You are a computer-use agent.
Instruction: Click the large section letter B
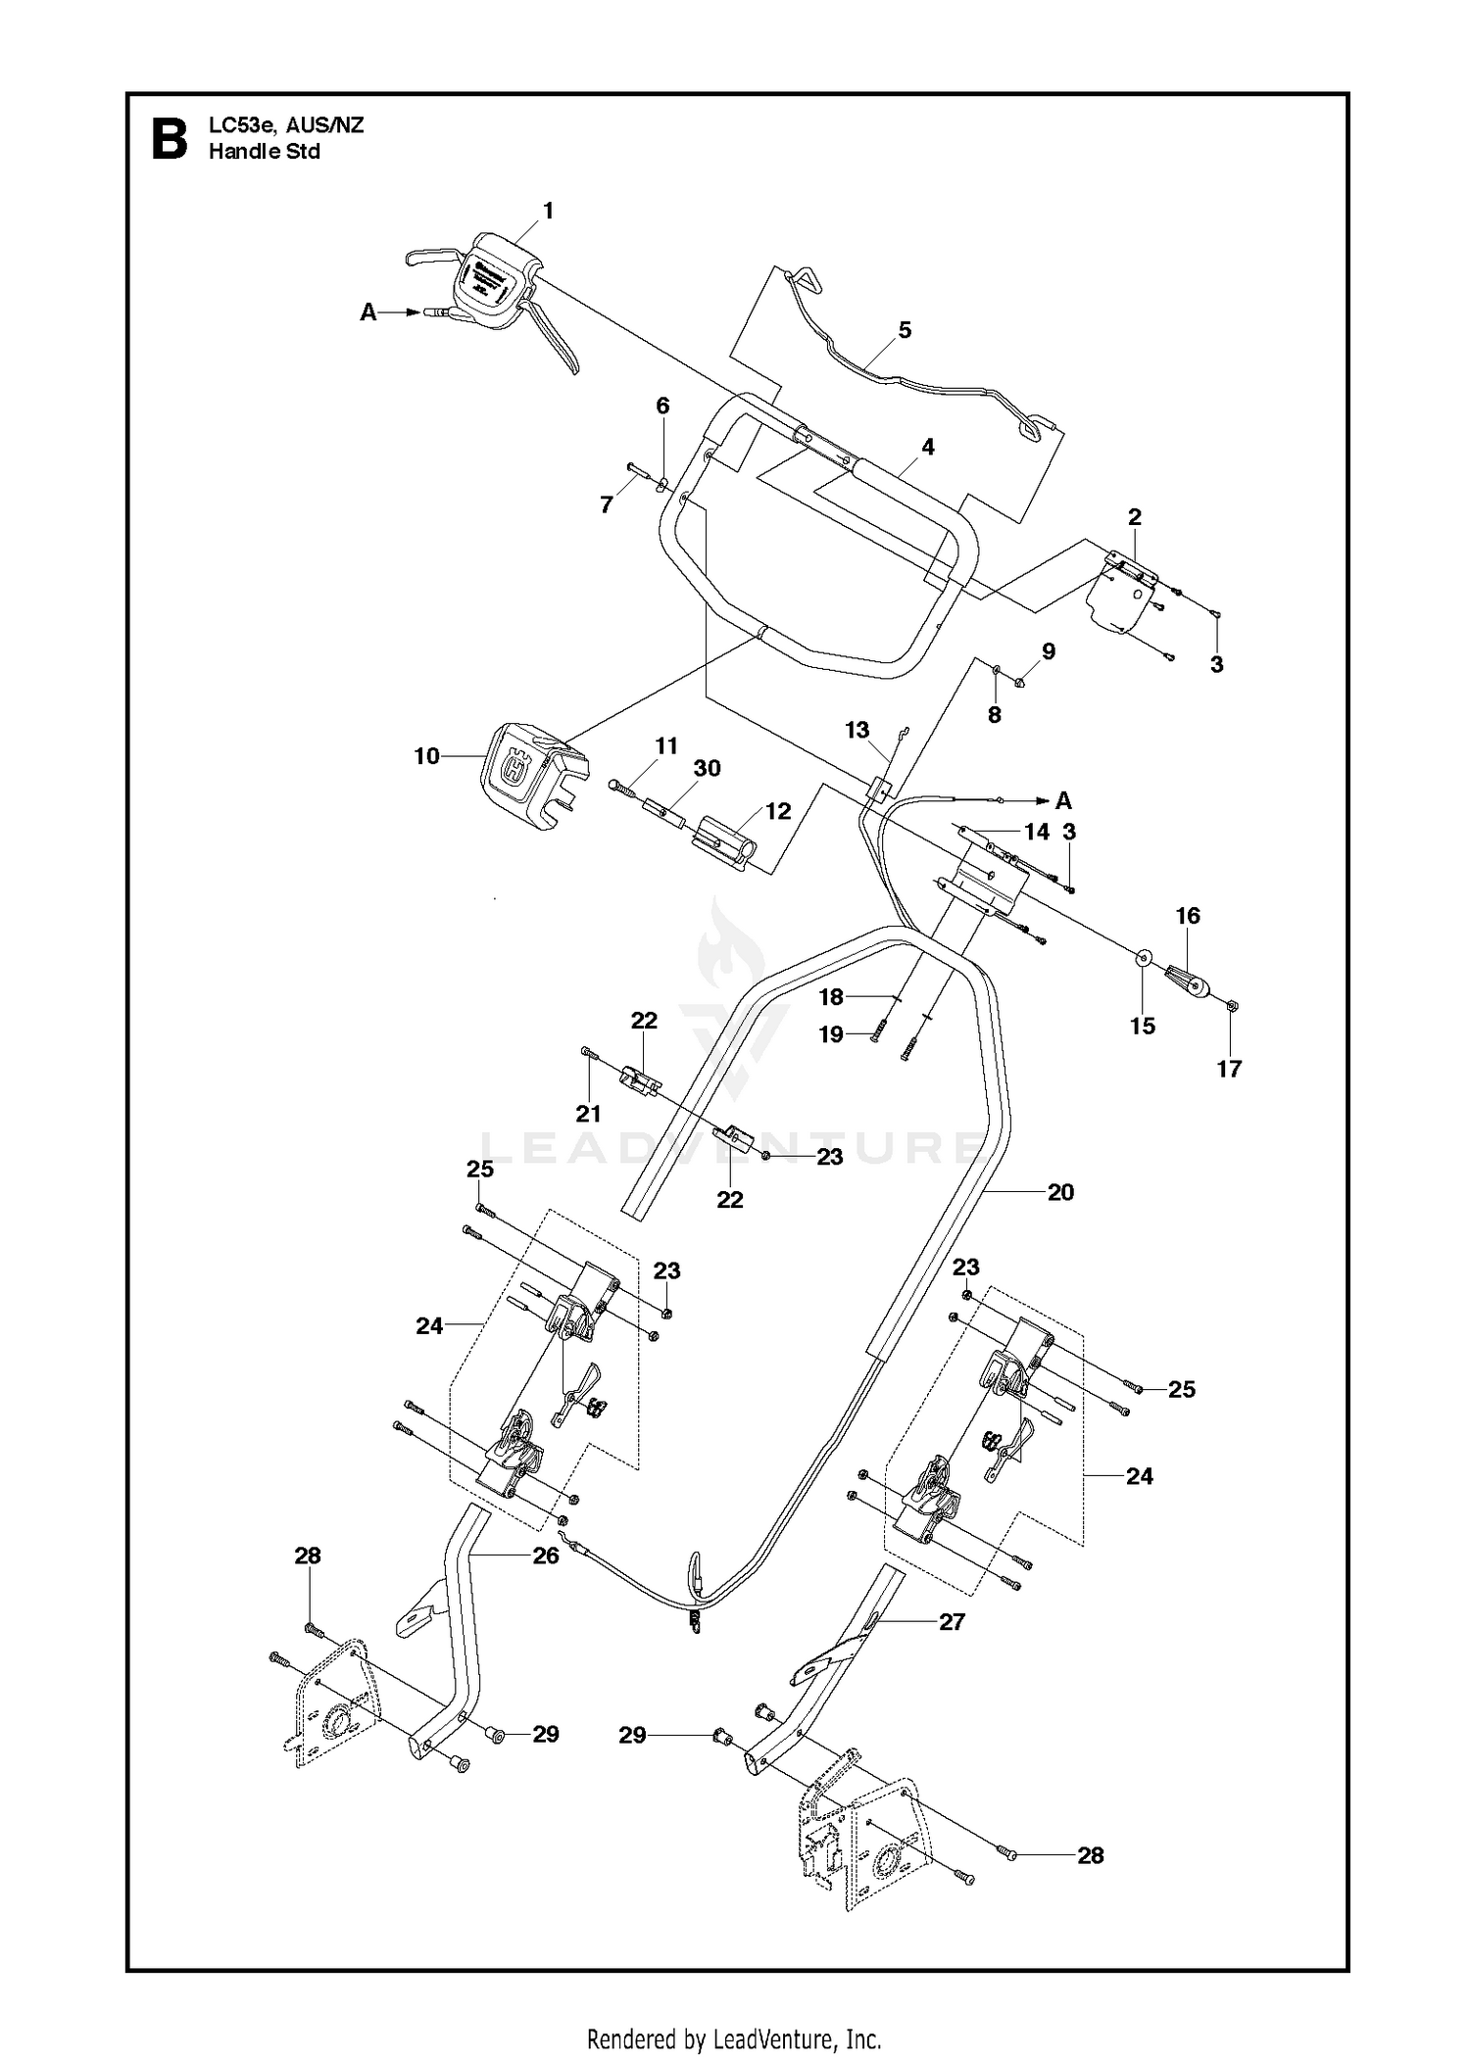(169, 139)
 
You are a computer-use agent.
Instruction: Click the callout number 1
(548, 211)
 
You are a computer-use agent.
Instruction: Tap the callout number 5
(905, 330)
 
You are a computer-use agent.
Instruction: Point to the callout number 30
(707, 768)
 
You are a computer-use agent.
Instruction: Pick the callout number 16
(1188, 916)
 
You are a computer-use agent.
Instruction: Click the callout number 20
(1061, 1192)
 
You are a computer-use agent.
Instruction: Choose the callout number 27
(953, 1622)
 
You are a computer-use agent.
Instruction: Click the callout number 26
(546, 1556)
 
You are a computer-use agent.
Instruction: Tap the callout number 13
(857, 730)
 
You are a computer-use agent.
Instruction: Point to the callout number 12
(778, 812)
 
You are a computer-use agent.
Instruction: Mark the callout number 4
(927, 448)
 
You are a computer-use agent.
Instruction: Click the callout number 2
(1135, 516)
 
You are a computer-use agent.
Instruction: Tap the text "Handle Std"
(265, 152)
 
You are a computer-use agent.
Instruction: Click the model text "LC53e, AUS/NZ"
(286, 125)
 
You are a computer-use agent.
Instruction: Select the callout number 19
(831, 1034)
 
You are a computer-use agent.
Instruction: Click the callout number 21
(588, 1114)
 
